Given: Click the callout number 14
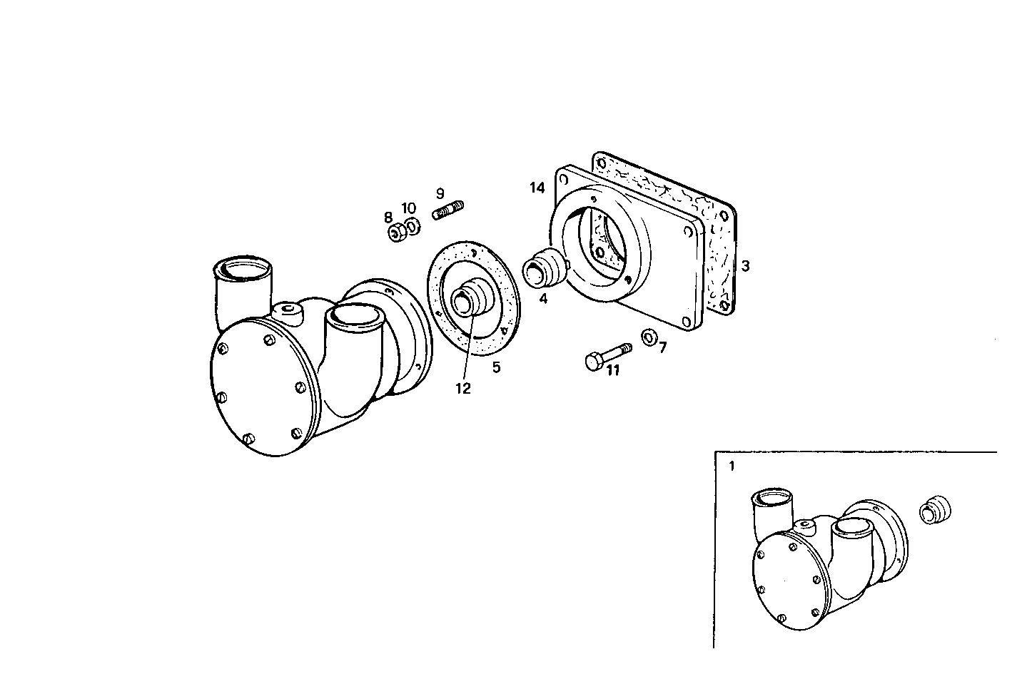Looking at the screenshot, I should [537, 188].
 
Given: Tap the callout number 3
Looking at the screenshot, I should [745, 266].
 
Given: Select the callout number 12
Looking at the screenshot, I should [463, 388].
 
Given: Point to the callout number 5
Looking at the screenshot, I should [496, 367].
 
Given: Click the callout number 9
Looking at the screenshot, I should [440, 193].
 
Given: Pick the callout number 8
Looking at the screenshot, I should [388, 217].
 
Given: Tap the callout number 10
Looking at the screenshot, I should [408, 208].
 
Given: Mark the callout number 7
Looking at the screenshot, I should [662, 347].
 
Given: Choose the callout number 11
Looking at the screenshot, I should [613, 369].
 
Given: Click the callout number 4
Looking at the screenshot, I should [543, 299].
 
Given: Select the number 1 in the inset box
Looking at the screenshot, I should [731, 467].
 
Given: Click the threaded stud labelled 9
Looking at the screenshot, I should [448, 210].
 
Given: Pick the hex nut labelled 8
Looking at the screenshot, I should [395, 233].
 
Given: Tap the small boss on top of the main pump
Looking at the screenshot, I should [288, 310].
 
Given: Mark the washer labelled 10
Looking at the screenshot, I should [413, 228].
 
